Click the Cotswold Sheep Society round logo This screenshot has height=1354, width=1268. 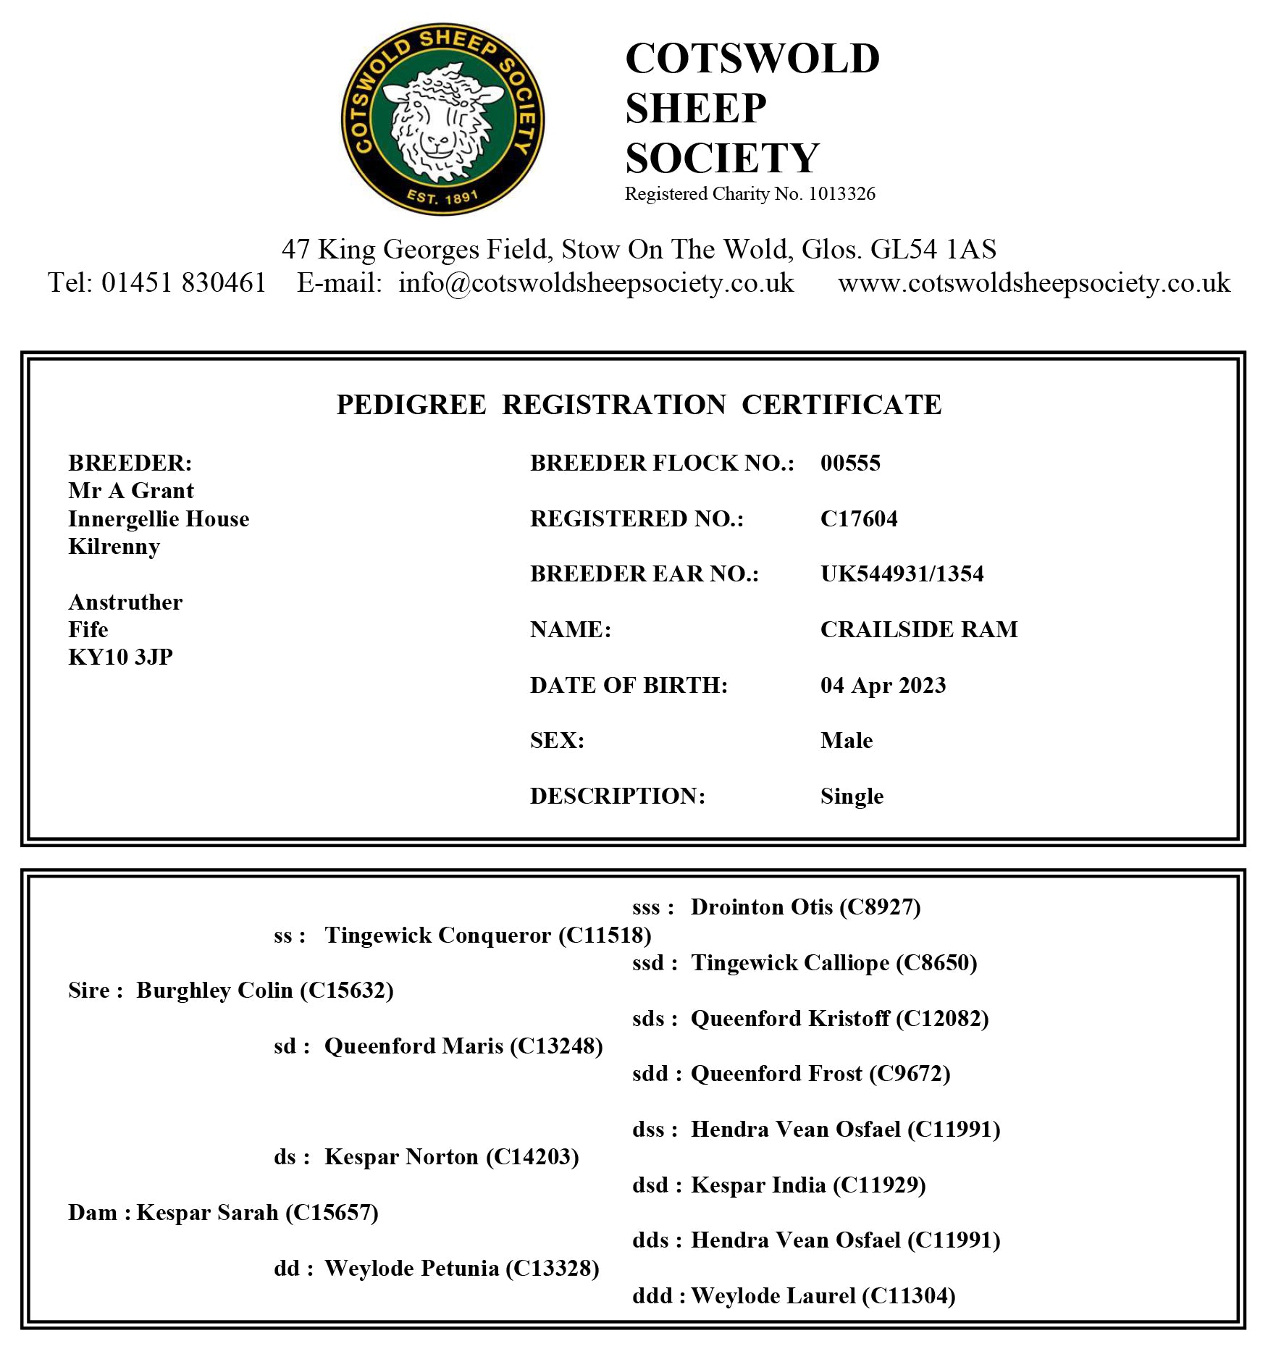coord(442,119)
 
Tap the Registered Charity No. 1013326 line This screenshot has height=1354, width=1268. coord(750,194)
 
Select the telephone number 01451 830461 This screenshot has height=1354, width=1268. coord(183,282)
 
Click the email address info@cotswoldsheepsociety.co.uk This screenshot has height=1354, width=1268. coord(595,282)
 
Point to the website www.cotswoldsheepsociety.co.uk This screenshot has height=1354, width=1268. coord(1033,282)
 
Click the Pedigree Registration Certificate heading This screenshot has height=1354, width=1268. coord(639,405)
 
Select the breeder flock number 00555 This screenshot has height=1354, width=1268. coord(850,463)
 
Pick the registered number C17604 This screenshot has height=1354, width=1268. coord(858,518)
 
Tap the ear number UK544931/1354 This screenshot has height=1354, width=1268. coord(902,574)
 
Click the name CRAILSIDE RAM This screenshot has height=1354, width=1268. coord(918,629)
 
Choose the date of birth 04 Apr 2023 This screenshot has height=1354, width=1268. coord(883,685)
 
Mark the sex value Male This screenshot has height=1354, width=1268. coord(846,740)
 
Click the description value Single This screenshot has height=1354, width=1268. coord(852,796)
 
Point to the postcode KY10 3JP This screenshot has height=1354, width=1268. coord(120,657)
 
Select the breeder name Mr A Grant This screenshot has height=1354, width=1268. coord(131,491)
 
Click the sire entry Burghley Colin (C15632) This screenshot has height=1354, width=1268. coord(264,990)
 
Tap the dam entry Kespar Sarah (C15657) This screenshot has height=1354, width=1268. coord(257,1212)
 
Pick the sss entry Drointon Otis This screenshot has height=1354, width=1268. coord(805,907)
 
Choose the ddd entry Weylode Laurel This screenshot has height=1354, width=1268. coord(823,1295)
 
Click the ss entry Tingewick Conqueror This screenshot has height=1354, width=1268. coord(487,935)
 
